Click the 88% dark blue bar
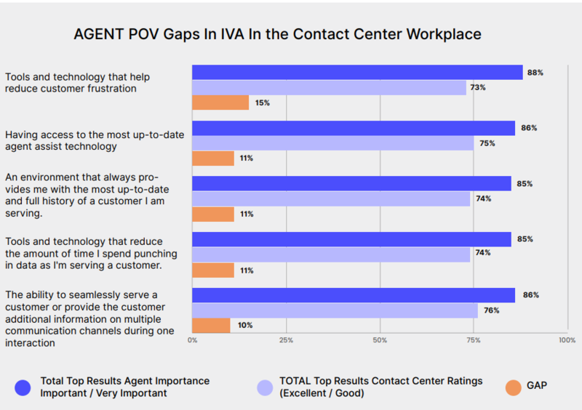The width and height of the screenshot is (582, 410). coord(357,72)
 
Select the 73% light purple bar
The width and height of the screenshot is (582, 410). coord(329,87)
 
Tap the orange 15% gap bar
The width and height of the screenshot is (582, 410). coord(220,102)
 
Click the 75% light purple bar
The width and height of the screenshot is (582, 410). coord(332,143)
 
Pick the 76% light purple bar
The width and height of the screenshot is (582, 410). coord(335,310)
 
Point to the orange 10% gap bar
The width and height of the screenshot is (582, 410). coord(211,325)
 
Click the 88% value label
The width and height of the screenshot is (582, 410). coord(536,72)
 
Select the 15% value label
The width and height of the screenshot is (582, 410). coord(263,103)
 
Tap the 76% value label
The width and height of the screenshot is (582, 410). coord(492,310)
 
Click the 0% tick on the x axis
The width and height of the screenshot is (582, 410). coord(193,340)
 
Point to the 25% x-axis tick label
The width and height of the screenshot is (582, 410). coord(286,340)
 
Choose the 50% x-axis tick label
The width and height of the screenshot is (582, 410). coord(380,340)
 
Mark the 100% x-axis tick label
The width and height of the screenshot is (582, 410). coord(566,340)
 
